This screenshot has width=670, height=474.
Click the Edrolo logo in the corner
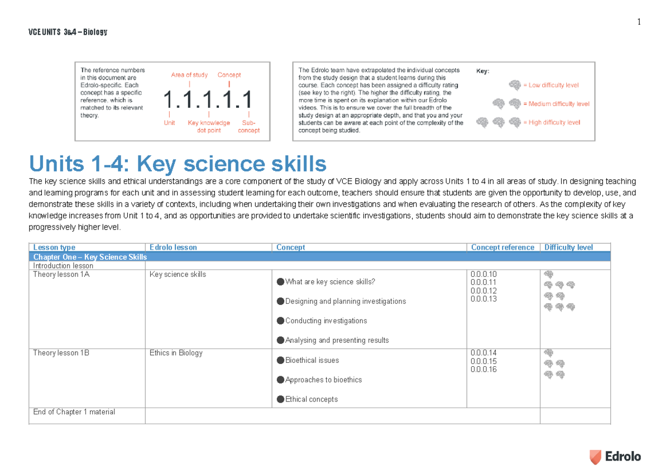(615, 457)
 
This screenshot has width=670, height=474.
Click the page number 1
(639, 22)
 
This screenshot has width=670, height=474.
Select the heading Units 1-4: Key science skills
(178, 164)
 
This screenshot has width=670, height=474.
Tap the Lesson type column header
(54, 247)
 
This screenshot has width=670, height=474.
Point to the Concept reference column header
(502, 247)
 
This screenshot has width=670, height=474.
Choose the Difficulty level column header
(568, 247)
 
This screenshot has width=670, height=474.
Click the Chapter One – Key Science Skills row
(90, 257)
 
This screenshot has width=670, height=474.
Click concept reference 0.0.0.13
(484, 299)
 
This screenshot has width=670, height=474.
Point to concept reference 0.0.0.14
(484, 353)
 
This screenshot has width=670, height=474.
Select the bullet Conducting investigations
(326, 321)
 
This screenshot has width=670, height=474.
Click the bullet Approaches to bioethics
(323, 380)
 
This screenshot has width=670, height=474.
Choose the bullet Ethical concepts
(311, 399)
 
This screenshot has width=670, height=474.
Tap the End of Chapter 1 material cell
(74, 412)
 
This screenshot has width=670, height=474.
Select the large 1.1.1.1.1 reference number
(208, 100)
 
